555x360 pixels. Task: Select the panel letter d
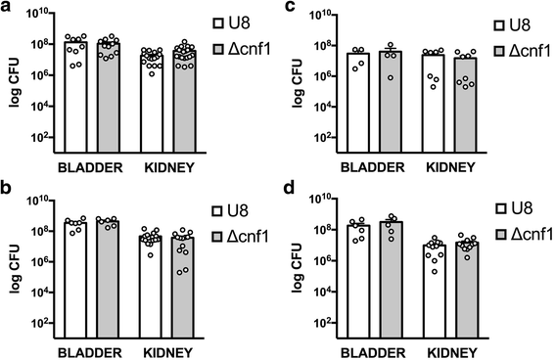pyautogui.click(x=293, y=190)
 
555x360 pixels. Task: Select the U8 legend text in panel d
pyautogui.click(x=515, y=207)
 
